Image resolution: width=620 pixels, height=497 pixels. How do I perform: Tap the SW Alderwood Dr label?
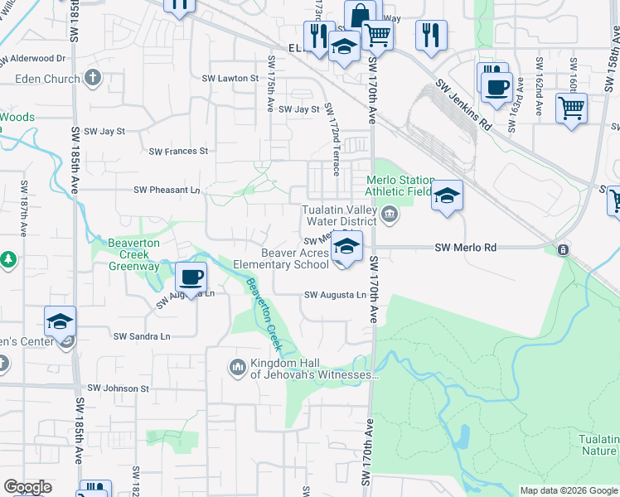click(32, 59)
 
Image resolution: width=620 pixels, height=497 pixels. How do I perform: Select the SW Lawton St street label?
click(233, 78)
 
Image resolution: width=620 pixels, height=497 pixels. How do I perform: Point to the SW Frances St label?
click(177, 152)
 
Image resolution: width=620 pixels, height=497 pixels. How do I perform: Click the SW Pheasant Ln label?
click(167, 190)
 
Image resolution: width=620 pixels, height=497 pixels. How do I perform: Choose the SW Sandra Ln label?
click(141, 336)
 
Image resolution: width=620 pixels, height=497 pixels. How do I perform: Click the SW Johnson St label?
click(118, 388)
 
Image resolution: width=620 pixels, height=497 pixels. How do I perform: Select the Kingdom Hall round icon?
click(237, 365)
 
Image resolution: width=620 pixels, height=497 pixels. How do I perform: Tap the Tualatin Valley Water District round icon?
click(389, 216)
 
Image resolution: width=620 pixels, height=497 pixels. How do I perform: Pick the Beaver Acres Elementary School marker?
click(348, 246)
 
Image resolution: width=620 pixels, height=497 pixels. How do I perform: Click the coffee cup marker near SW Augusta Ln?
click(191, 277)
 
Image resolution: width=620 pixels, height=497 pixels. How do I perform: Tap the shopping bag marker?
click(359, 17)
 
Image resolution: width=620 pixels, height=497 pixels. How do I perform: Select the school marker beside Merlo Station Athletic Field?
click(447, 195)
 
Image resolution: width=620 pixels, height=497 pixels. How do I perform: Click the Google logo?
click(27, 487)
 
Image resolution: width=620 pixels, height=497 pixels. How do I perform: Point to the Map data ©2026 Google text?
click(568, 490)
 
